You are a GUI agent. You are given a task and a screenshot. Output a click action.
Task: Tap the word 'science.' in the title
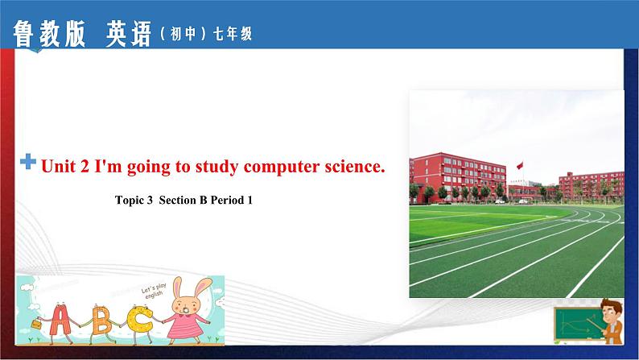pos(351,167)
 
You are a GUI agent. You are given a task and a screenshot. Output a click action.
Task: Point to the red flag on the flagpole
pos(519,165)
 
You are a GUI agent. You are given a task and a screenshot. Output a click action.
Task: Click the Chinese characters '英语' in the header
pos(128,33)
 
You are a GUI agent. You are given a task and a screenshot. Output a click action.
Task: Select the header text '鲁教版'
pos(50,33)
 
